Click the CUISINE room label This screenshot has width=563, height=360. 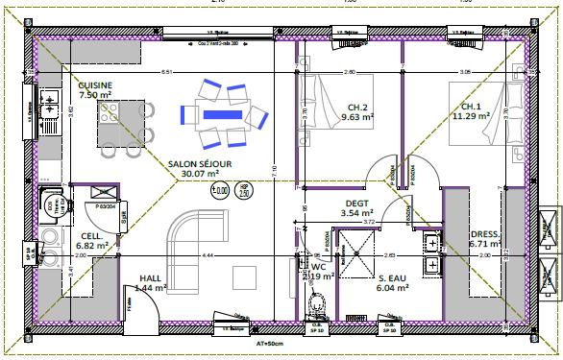(x=95, y=84)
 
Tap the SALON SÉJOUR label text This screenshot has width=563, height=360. (x=200, y=164)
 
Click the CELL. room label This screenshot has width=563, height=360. (x=92, y=235)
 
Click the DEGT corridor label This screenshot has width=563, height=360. (x=356, y=203)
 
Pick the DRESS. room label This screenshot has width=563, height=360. (x=483, y=233)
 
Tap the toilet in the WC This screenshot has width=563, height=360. (x=315, y=303)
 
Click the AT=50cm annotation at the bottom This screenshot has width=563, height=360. (x=268, y=342)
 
